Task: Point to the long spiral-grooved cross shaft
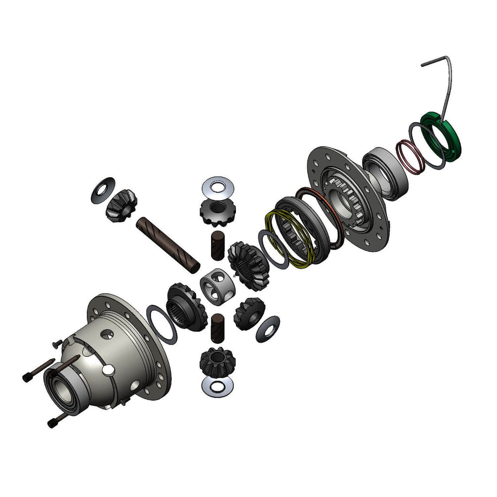(167, 242)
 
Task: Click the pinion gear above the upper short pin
(215, 213)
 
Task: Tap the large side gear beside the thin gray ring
(248, 265)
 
